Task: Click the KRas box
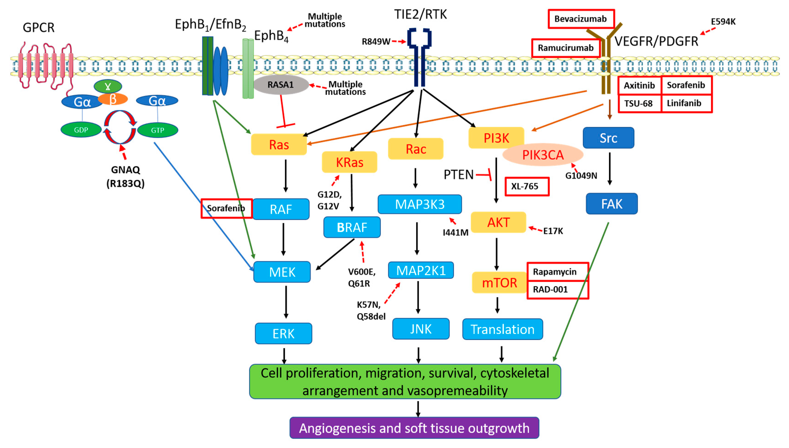(349, 162)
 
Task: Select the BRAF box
(352, 227)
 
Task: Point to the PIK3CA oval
(543, 155)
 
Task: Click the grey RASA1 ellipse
(280, 84)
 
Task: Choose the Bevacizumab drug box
(581, 19)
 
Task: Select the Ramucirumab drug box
(565, 48)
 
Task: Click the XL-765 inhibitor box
(526, 186)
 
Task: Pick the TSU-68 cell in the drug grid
(639, 103)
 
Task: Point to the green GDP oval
(81, 130)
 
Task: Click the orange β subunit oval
(113, 99)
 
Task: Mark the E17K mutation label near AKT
(553, 231)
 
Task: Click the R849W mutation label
(376, 42)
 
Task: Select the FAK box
(611, 204)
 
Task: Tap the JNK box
(421, 329)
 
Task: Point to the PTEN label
(458, 175)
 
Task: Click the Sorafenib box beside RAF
(226, 208)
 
